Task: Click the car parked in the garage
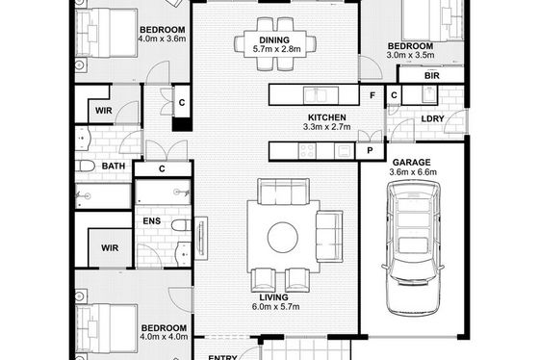pos(412,247)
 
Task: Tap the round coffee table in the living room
pos(283,237)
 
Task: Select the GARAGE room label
pos(412,163)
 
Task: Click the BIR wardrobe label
pos(432,76)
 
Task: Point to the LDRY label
pos(432,118)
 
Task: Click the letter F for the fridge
pos(372,95)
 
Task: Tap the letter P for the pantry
pos(370,150)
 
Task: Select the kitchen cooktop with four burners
pos(307,151)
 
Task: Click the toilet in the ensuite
pos(181,225)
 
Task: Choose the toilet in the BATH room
pos(85,167)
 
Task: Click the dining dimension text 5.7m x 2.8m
pos(277,49)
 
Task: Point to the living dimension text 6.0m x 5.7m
pos(275,306)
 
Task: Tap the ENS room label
pos(152,220)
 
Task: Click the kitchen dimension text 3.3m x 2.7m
pos(327,127)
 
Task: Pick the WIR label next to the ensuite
pos(110,248)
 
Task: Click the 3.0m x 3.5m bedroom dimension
pos(410,55)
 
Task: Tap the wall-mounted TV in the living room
pos(201,239)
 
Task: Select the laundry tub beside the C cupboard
pos(429,94)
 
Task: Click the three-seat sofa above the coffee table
pos(283,192)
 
